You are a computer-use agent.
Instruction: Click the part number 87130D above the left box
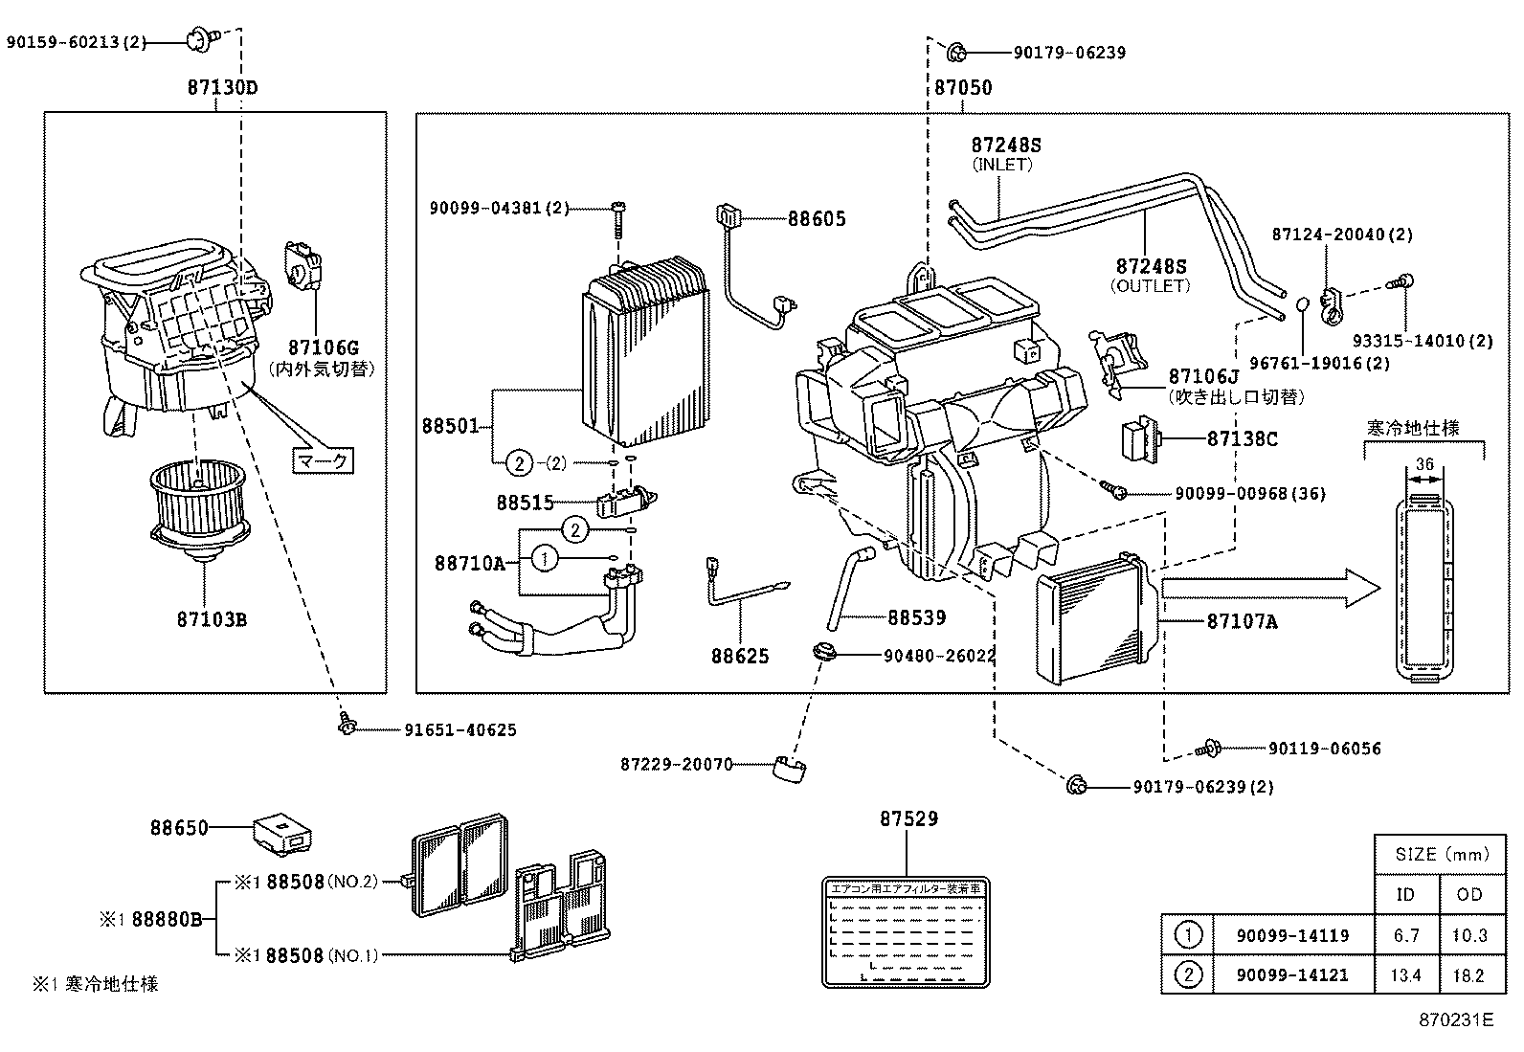pyautogui.click(x=222, y=87)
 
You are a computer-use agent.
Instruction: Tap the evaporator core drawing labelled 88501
pyautogui.click(x=646, y=354)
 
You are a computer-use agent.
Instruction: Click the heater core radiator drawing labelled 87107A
pyautogui.click(x=1096, y=617)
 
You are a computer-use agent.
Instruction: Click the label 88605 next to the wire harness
pyautogui.click(x=817, y=219)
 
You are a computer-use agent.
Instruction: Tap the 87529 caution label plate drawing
pyautogui.click(x=905, y=930)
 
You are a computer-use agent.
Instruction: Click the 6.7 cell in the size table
pyautogui.click(x=1406, y=935)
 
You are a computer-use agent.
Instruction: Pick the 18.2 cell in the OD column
pyautogui.click(x=1468, y=975)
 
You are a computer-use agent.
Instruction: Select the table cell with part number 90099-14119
pyautogui.click(x=1292, y=935)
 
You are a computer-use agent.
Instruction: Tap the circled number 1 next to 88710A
pyautogui.click(x=544, y=558)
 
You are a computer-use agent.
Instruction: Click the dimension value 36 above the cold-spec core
pyautogui.click(x=1424, y=464)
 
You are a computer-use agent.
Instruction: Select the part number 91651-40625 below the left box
pyautogui.click(x=459, y=730)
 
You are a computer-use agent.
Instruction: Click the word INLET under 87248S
pyautogui.click(x=1002, y=165)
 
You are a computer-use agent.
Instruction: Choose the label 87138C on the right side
pyautogui.click(x=1242, y=439)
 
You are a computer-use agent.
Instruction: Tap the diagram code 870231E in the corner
pyautogui.click(x=1455, y=1019)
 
